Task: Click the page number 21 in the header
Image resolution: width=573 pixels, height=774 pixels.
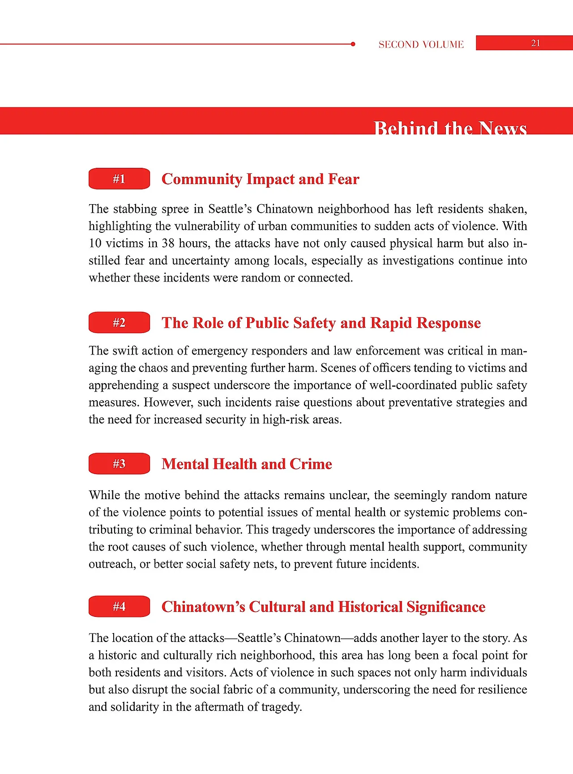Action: tap(535, 43)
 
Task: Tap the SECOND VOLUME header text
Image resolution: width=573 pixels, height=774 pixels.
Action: tap(421, 44)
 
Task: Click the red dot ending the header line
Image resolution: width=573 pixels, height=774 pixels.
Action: tap(353, 44)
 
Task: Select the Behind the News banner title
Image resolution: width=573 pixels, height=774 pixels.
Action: tap(450, 128)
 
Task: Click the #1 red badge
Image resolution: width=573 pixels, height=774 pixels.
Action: tap(119, 179)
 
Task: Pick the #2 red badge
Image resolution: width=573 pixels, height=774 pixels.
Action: tap(119, 322)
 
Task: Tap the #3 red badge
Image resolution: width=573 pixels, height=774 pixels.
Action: tap(119, 463)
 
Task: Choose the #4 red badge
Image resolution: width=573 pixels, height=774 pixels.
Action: tap(119, 606)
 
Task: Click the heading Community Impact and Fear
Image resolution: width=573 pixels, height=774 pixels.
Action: tap(260, 179)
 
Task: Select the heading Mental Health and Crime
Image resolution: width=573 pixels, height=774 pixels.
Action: tap(247, 464)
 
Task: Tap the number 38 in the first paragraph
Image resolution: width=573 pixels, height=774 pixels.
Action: tap(168, 243)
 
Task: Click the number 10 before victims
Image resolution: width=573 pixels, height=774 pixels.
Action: tap(95, 243)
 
